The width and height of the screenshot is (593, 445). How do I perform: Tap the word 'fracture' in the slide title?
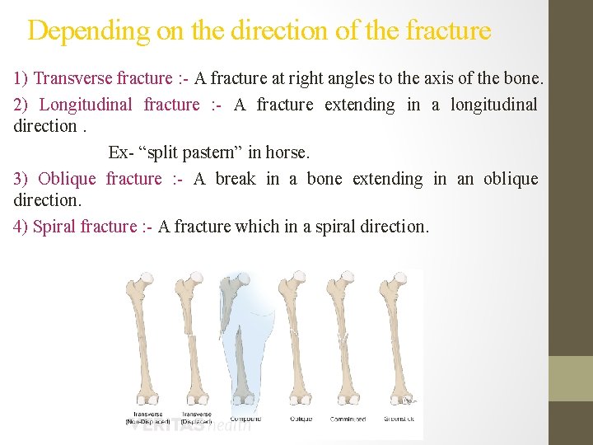[x=448, y=31]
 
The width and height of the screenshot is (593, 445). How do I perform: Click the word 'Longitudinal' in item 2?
[x=86, y=105]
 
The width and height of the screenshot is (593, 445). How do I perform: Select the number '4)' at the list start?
[x=21, y=227]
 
